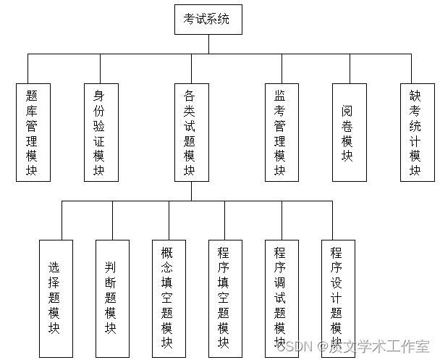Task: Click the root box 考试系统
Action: coord(208,20)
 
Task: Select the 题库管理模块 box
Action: coord(33,132)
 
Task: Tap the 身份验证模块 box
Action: coord(101,132)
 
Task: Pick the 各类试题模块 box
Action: coord(191,132)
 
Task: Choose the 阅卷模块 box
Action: coord(350,132)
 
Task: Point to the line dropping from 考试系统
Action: coord(208,43)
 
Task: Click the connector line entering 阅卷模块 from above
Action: coord(350,69)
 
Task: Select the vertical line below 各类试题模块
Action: coord(191,191)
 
